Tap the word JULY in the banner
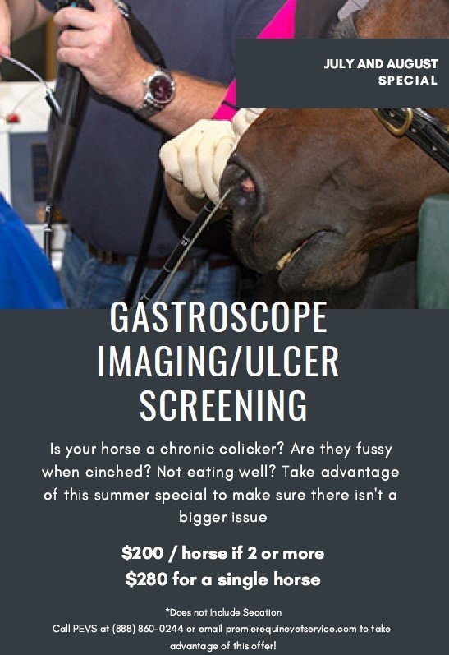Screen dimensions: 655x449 coord(341,64)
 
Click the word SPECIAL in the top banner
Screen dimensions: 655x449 coord(407,81)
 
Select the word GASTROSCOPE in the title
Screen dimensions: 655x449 coord(218,319)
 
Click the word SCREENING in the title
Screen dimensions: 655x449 coord(223,405)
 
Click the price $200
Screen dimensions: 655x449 coord(142,552)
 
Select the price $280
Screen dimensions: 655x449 coord(147,579)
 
